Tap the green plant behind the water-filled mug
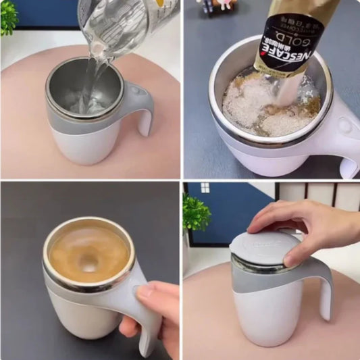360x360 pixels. click(8, 17)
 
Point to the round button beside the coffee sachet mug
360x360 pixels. click(346, 126)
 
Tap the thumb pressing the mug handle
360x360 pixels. click(143, 291)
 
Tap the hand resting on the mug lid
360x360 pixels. click(304, 226)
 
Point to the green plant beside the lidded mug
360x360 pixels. click(196, 213)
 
